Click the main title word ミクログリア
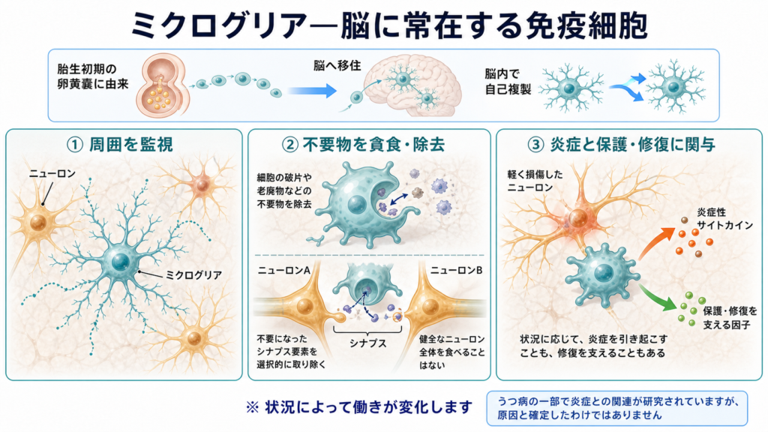tap(219, 25)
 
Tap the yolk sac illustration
tap(162, 85)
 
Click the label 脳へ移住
tap(337, 65)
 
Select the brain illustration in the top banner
tap(414, 86)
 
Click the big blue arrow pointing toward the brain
tap(312, 91)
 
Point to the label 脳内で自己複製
tap(508, 81)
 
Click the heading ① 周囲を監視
tap(120, 145)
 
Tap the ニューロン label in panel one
tap(52, 173)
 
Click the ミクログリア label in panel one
tap(194, 274)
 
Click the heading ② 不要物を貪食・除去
tap(363, 145)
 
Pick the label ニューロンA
tap(284, 270)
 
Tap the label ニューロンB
tap(457, 270)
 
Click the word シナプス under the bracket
tap(367, 343)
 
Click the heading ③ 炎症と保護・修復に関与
tap(622, 145)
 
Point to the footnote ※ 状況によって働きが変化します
tap(359, 407)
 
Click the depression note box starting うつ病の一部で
tap(617, 408)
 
